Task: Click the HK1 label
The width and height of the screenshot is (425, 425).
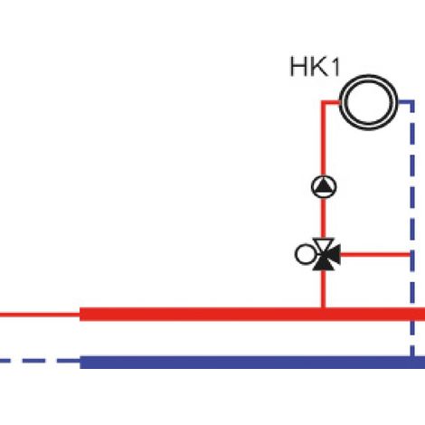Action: (315, 67)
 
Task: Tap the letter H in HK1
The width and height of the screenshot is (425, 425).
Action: (297, 67)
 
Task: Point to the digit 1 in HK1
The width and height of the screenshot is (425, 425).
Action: (335, 67)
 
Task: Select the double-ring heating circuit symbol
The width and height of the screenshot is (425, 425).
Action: (368, 102)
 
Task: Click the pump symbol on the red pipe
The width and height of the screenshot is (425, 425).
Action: (324, 186)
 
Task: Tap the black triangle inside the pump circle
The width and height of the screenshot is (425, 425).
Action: (324, 186)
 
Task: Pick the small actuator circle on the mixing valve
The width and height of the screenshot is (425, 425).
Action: (305, 254)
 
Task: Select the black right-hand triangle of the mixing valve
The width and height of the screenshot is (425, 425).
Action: (333, 254)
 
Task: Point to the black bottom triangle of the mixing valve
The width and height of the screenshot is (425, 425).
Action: (323, 263)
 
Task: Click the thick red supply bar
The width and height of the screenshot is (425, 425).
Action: (252, 315)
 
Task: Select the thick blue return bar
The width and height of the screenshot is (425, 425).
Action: (252, 363)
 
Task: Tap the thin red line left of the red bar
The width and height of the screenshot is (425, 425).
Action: (40, 316)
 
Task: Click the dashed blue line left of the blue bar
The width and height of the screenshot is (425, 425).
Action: (40, 361)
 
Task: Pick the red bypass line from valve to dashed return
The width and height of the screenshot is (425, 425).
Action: (375, 255)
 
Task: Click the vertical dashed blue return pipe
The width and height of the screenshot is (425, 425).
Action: (412, 228)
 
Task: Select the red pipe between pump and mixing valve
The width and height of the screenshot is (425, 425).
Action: (324, 218)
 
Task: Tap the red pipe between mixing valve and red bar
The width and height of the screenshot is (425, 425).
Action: (324, 288)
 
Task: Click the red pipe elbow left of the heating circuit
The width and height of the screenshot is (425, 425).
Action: (324, 103)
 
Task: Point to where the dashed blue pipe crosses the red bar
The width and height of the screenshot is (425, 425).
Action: (412, 315)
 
